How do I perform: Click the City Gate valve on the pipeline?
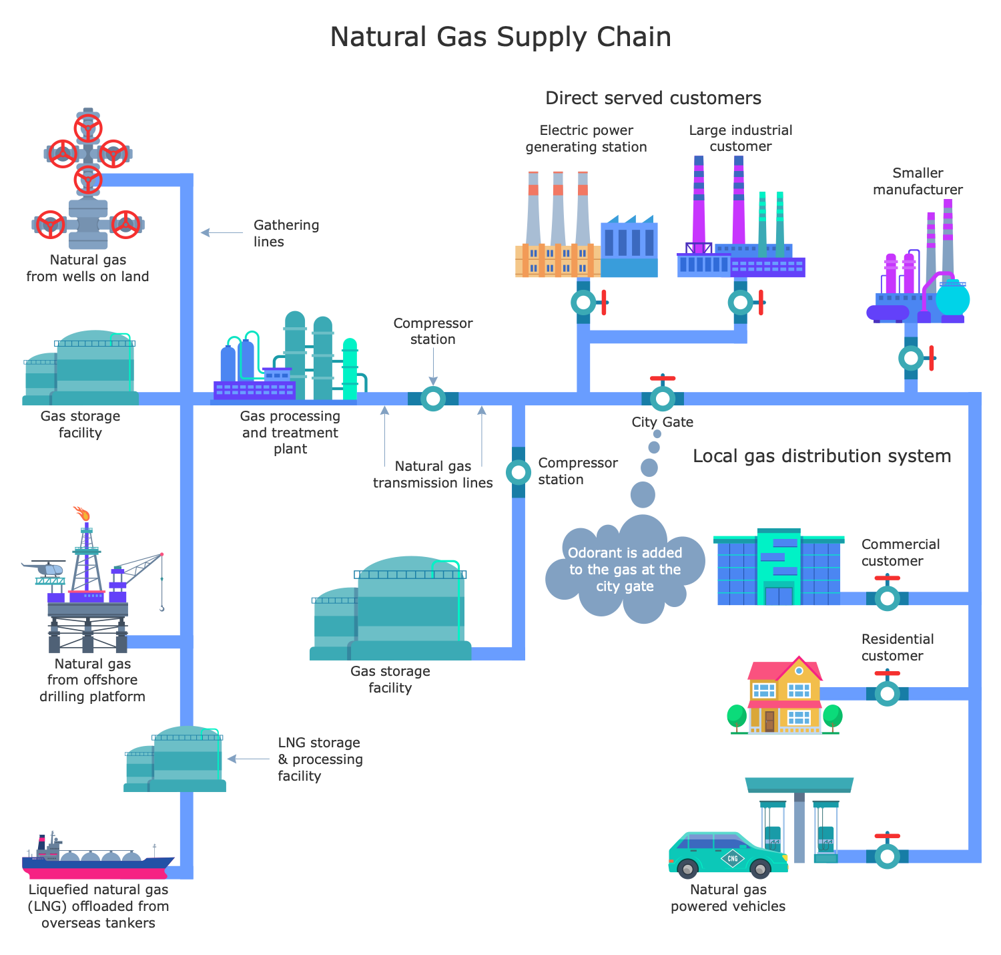pos(663,399)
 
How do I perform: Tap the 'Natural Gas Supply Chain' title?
pos(500,37)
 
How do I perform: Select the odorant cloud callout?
pos(625,570)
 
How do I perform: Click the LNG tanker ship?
pos(97,862)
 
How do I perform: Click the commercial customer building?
pos(779,568)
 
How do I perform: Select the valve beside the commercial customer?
pos(887,598)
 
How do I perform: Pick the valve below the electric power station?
pos(584,303)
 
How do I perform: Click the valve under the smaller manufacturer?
pos(911,358)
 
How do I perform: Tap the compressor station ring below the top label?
pos(433,399)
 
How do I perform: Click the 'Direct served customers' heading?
pos(653,98)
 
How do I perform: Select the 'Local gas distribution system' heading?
pos(821,456)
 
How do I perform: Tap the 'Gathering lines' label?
pos(286,233)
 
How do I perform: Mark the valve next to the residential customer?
pos(887,693)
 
